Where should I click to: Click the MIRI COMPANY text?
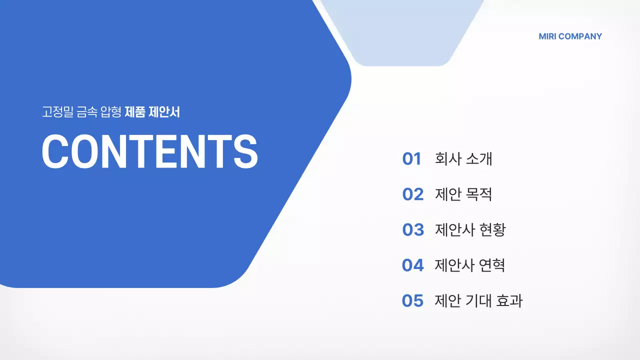pos(570,36)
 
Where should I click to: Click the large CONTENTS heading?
pos(149,151)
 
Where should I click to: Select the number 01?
pos(411,159)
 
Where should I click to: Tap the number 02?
pos(412,194)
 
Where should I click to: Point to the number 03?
pos(412,229)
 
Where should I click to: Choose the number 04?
pos(412,265)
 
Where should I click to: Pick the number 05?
pos(412,300)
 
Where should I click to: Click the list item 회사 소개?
pos(463,159)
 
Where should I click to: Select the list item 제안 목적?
pos(463,194)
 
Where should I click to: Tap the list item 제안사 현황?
pos(470,229)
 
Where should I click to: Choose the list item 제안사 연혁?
pos(470,265)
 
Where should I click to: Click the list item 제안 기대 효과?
pos(478,300)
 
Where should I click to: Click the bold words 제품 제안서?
pos(152,112)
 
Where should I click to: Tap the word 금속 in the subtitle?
pos(87,112)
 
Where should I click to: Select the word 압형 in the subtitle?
pos(111,112)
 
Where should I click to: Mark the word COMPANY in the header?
pos(580,36)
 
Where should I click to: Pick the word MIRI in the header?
pos(547,36)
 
